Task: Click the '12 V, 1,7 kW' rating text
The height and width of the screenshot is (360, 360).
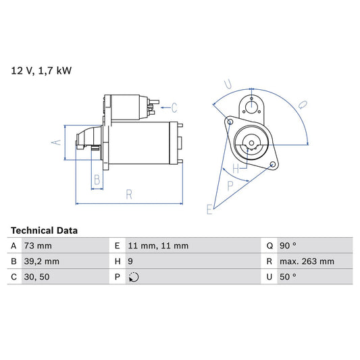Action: coord(40,69)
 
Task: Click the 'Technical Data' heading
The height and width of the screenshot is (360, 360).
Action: coord(44,230)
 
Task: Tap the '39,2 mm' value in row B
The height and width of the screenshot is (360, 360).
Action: coord(43,261)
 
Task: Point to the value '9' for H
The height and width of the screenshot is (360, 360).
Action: coord(130,261)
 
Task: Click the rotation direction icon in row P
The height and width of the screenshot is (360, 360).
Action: coord(133,277)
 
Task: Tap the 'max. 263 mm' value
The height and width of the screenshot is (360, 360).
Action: coord(307,261)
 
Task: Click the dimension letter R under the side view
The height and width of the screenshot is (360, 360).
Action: coord(128,195)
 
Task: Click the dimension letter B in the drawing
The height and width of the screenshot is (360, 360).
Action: coord(97,180)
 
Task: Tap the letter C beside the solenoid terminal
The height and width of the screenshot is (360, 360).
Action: coord(174,107)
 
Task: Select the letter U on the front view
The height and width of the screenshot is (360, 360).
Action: coord(228,84)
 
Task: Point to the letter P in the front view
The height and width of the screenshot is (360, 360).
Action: coord(230,184)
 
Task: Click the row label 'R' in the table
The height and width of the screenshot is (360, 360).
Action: coord(269,261)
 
